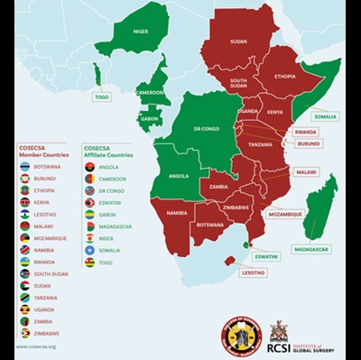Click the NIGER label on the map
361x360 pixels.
[141, 31]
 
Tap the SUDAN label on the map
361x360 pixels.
[238, 42]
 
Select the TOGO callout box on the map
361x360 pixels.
[101, 97]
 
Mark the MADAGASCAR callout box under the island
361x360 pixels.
[312, 249]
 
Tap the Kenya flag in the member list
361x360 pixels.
[25, 202]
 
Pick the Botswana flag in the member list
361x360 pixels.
[25, 167]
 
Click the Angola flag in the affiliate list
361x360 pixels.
[89, 167]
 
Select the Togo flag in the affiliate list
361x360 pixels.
[89, 262]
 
